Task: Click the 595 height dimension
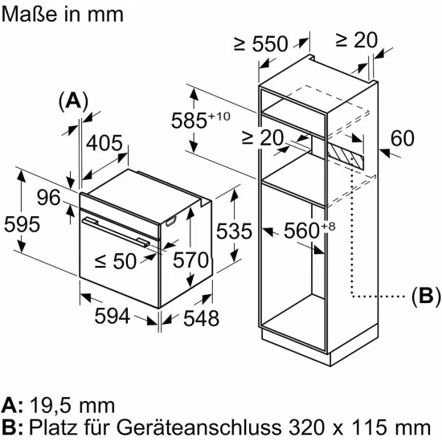click(22, 225)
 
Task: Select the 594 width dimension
click(113, 316)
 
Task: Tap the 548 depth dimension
click(201, 318)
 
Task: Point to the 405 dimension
click(104, 143)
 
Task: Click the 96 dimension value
click(49, 198)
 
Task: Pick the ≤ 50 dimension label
click(116, 261)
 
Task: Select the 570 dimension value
click(190, 260)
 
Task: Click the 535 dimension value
click(234, 231)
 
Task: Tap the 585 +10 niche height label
click(200, 121)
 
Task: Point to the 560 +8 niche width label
click(309, 230)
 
